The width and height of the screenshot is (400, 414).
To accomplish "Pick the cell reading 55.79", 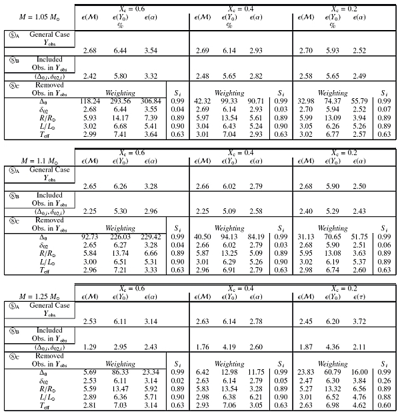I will coord(360,99).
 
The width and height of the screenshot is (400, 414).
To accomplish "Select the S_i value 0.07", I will coord(383,108).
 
